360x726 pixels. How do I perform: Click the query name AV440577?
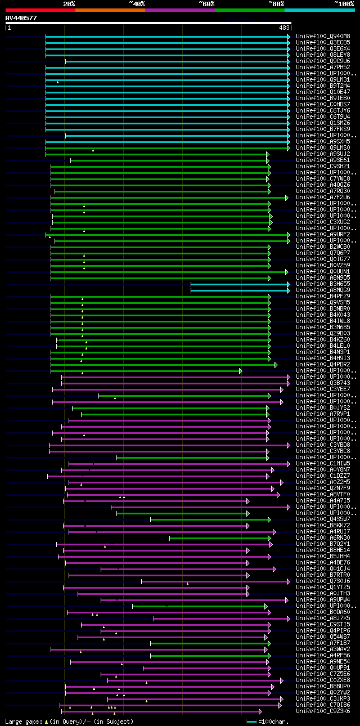(21, 18)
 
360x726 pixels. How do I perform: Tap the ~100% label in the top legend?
(343, 3)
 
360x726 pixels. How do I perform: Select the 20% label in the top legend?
(69, 3)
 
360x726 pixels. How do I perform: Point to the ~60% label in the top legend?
(206, 3)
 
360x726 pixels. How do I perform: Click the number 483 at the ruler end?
(284, 28)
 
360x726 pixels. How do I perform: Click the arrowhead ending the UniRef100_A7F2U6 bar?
(287, 198)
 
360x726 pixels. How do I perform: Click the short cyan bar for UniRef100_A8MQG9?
(239, 290)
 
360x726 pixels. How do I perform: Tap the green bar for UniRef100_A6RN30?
(219, 538)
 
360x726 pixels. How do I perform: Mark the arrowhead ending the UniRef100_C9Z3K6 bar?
(260, 711)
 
